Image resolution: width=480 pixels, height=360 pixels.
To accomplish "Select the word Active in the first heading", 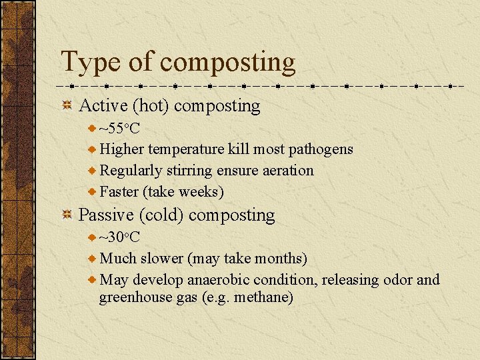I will [103, 105].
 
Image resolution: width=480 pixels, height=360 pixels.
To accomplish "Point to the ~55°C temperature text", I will [119, 128].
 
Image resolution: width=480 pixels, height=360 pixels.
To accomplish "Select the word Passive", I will [106, 215].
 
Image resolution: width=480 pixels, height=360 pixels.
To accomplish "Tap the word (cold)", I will [162, 215].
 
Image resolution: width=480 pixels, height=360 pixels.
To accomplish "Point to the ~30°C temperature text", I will [119, 237].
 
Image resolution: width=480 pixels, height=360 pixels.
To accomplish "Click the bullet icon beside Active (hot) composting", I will [67, 105].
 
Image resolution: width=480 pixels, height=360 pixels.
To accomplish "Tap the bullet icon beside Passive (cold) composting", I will [67, 215].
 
